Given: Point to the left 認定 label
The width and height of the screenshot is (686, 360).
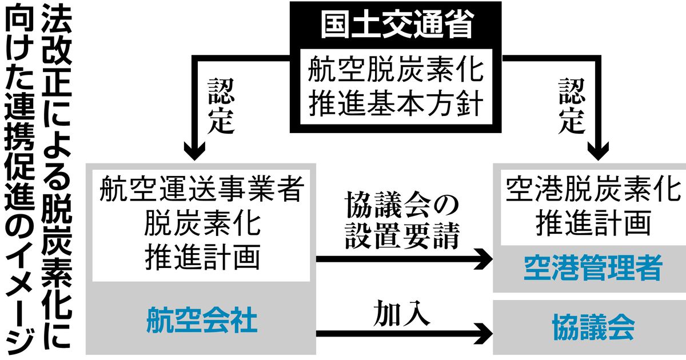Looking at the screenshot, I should click(x=221, y=106).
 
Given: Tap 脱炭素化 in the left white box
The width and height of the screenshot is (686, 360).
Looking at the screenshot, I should click(x=201, y=225).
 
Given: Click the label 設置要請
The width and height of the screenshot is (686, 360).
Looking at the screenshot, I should click(x=402, y=237).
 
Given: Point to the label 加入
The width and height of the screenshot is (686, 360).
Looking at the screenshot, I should click(x=401, y=314).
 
